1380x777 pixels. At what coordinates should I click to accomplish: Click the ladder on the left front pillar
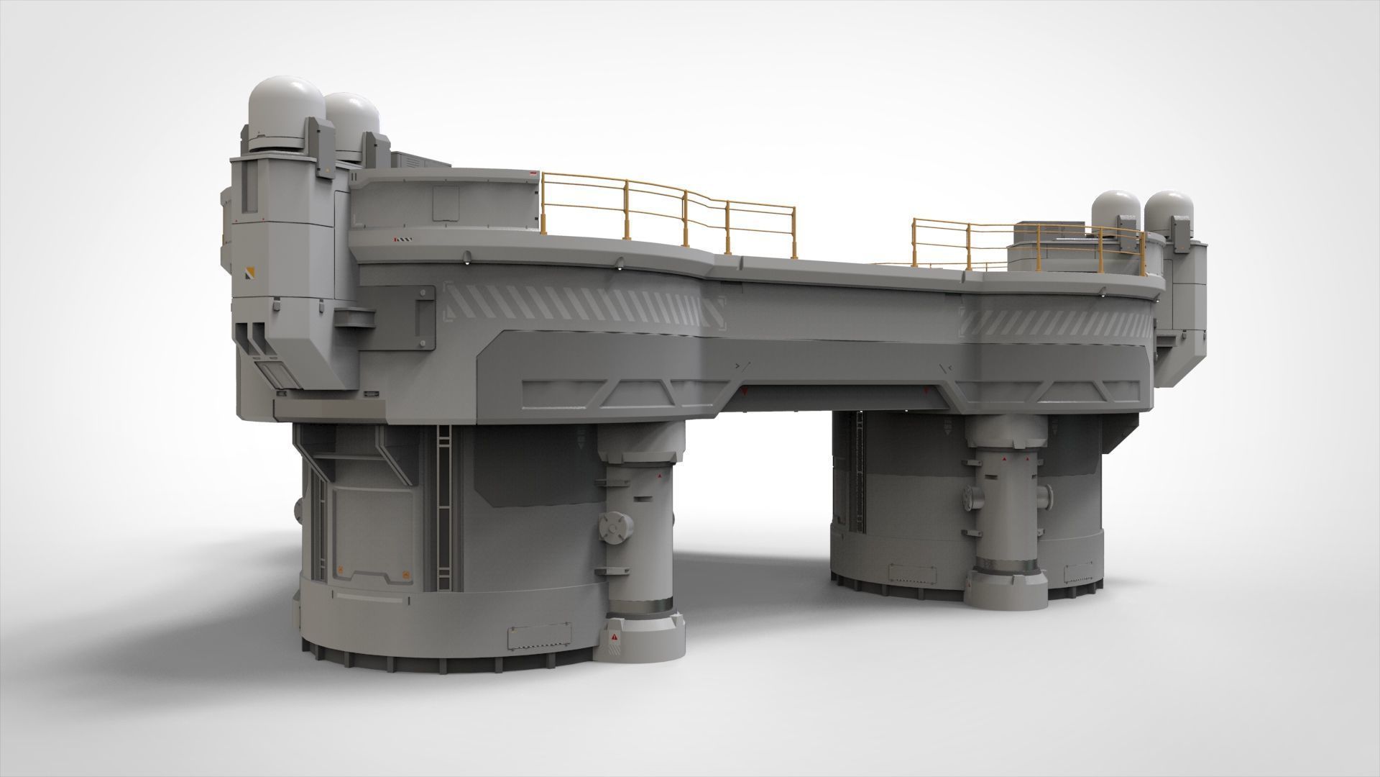[x=444, y=504]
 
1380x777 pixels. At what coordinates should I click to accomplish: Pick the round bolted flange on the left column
[x=615, y=529]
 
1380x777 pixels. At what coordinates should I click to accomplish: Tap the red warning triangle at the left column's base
[x=615, y=637]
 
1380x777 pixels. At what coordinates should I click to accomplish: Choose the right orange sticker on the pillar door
[x=406, y=574]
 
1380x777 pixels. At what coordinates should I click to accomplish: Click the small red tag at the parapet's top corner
[x=533, y=173]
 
